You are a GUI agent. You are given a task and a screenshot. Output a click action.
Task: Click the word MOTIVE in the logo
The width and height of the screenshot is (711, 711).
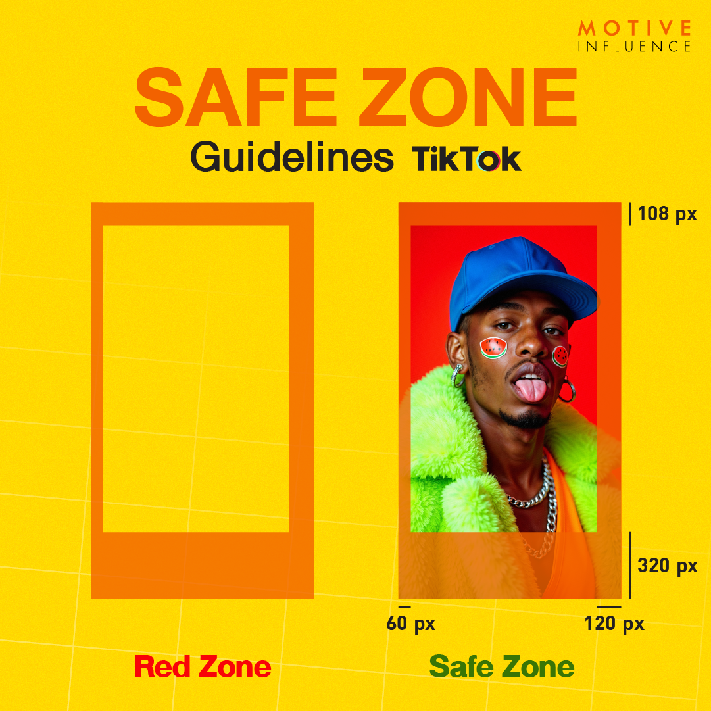(634, 28)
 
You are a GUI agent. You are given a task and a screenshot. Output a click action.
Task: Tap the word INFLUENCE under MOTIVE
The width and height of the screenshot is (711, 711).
(634, 47)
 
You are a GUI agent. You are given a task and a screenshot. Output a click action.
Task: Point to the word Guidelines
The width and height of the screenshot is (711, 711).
(292, 158)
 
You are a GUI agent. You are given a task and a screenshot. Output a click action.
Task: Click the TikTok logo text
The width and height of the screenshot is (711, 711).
(466, 159)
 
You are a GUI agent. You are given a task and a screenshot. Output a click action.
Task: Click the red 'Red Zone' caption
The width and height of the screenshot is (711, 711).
(203, 667)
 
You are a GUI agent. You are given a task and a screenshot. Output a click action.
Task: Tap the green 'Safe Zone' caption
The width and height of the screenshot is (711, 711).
(502, 667)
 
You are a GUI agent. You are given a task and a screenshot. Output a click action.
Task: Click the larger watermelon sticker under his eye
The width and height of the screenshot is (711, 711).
(493, 348)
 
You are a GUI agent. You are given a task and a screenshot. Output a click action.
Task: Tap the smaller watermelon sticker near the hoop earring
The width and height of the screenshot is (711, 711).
(560, 356)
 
